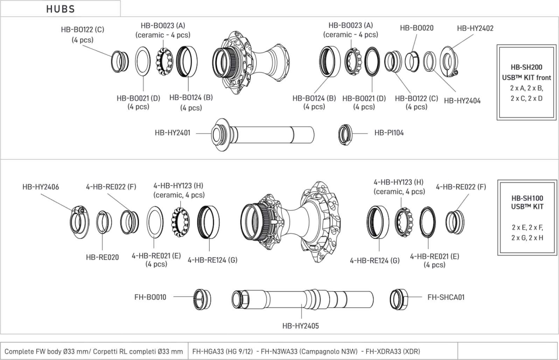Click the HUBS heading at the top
point(61,9)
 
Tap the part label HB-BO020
point(416,28)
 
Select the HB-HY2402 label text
point(475,28)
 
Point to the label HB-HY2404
point(462,100)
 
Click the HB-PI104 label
point(389,133)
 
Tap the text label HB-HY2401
point(172,133)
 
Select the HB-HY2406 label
point(41,187)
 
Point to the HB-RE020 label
point(102,257)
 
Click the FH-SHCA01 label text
point(446,297)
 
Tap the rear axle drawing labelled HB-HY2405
point(303,298)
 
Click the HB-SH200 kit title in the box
point(527,68)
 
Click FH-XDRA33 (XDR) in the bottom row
point(393,351)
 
